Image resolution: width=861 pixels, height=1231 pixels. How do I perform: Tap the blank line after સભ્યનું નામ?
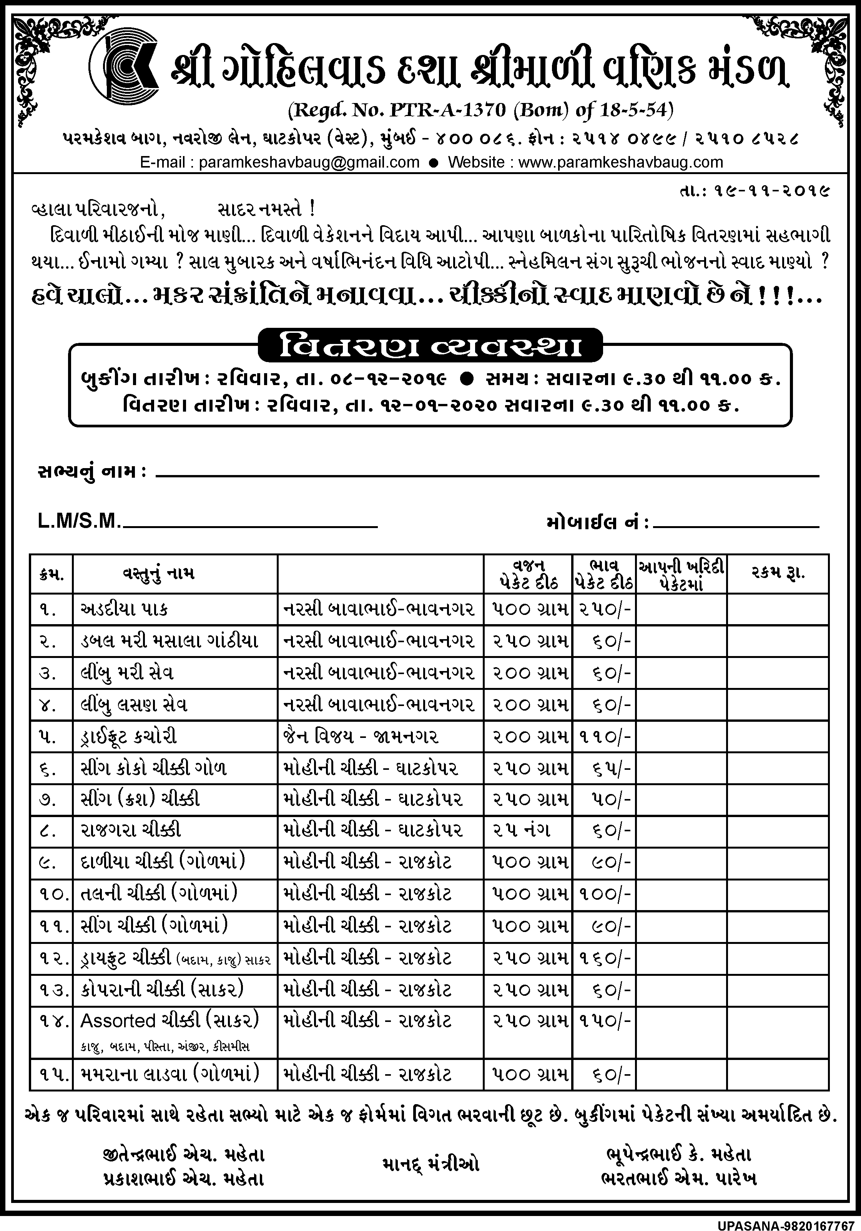coord(487,475)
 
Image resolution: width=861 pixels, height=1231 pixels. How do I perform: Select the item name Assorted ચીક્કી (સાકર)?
coord(170,1020)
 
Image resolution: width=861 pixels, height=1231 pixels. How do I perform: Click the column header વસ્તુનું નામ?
coord(156,574)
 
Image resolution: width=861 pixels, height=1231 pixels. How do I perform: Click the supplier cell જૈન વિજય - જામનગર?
coord(359,736)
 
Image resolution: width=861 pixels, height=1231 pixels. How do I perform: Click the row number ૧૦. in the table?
coord(52,894)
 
